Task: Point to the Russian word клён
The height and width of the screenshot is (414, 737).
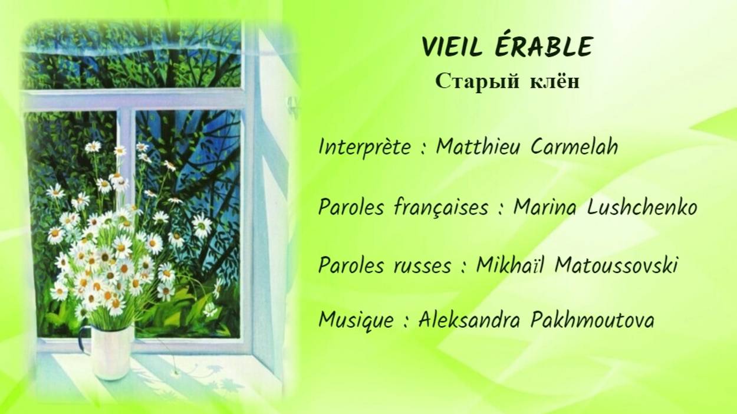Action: (555, 82)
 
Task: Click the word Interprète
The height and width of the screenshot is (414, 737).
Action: (364, 147)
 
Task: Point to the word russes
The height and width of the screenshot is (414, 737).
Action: (422, 265)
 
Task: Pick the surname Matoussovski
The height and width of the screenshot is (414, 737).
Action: (616, 265)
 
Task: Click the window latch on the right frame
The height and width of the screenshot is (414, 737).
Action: (291, 107)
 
